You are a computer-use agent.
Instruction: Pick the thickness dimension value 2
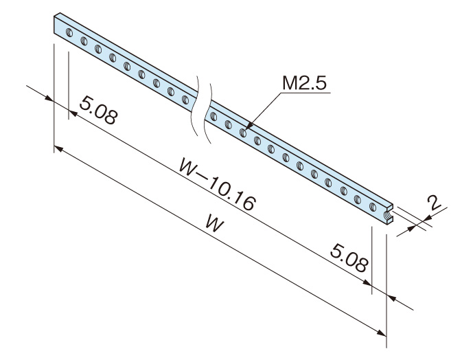433,203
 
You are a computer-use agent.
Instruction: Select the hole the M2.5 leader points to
243,131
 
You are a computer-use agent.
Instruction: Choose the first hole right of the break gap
214,115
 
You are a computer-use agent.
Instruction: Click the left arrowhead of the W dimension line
58,148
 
